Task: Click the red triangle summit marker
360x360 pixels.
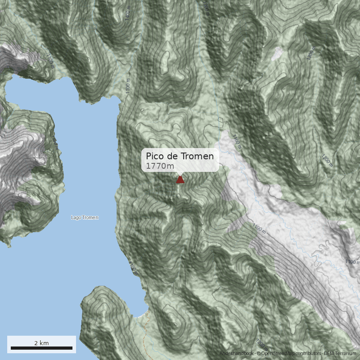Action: (180, 180)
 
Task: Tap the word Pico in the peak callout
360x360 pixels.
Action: (155, 156)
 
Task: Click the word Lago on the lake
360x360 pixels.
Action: (76, 218)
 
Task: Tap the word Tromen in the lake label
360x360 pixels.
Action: (90, 218)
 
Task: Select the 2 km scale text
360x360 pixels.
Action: (41, 343)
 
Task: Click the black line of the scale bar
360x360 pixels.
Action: (41, 348)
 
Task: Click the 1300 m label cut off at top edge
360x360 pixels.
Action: (207, 5)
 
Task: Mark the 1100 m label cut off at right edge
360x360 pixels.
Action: (352, 261)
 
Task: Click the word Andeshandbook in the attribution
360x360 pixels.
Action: (237, 354)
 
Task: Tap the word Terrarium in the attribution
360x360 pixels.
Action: (346, 354)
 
